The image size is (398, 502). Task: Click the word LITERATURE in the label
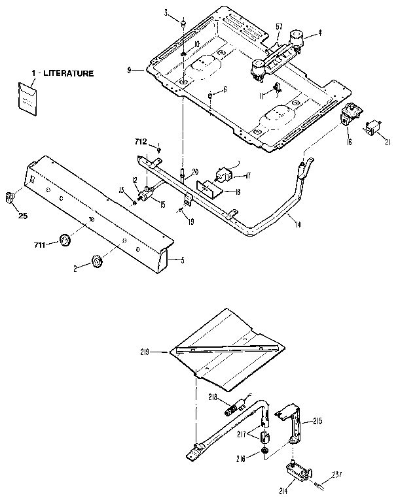[68, 74]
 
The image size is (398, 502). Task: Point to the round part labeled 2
[98, 261]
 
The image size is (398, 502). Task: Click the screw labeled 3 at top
[185, 23]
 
